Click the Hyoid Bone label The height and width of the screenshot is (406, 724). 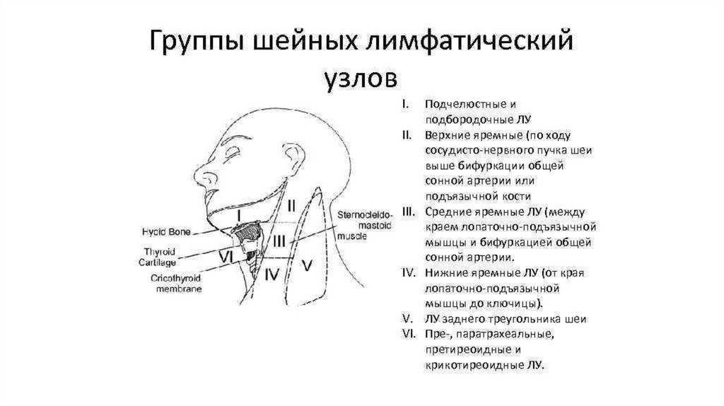tap(164, 232)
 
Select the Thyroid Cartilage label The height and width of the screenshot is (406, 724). tap(158, 257)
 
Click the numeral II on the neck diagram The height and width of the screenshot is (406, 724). tap(291, 206)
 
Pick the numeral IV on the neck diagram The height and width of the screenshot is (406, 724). tap(271, 274)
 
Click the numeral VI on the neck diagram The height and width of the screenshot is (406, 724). tap(226, 256)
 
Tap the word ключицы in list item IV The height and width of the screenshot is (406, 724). tap(518, 304)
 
